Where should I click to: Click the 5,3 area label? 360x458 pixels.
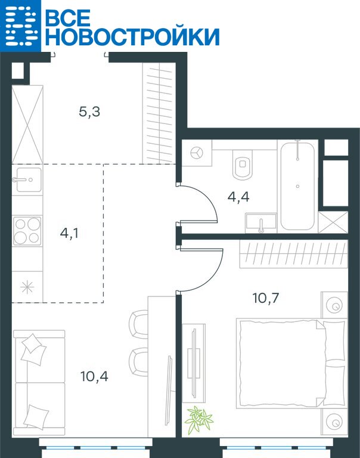point(89,112)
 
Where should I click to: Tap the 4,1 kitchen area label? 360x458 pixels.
point(69,233)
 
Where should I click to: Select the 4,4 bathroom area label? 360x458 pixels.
point(238,197)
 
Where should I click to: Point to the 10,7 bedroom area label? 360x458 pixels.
point(266,298)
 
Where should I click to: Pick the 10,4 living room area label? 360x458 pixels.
point(94,376)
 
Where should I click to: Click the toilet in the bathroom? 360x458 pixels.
point(243,165)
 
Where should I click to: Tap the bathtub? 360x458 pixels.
point(297,186)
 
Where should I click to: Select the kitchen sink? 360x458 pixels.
point(27,180)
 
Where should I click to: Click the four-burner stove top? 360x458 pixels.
point(27,231)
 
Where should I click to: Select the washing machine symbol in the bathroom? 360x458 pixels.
point(197,153)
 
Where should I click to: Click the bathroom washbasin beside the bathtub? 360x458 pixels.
point(261,223)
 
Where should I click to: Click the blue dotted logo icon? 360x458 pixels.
point(20,26)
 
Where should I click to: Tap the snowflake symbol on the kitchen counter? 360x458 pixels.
point(27,287)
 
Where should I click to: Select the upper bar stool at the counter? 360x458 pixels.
point(139,324)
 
